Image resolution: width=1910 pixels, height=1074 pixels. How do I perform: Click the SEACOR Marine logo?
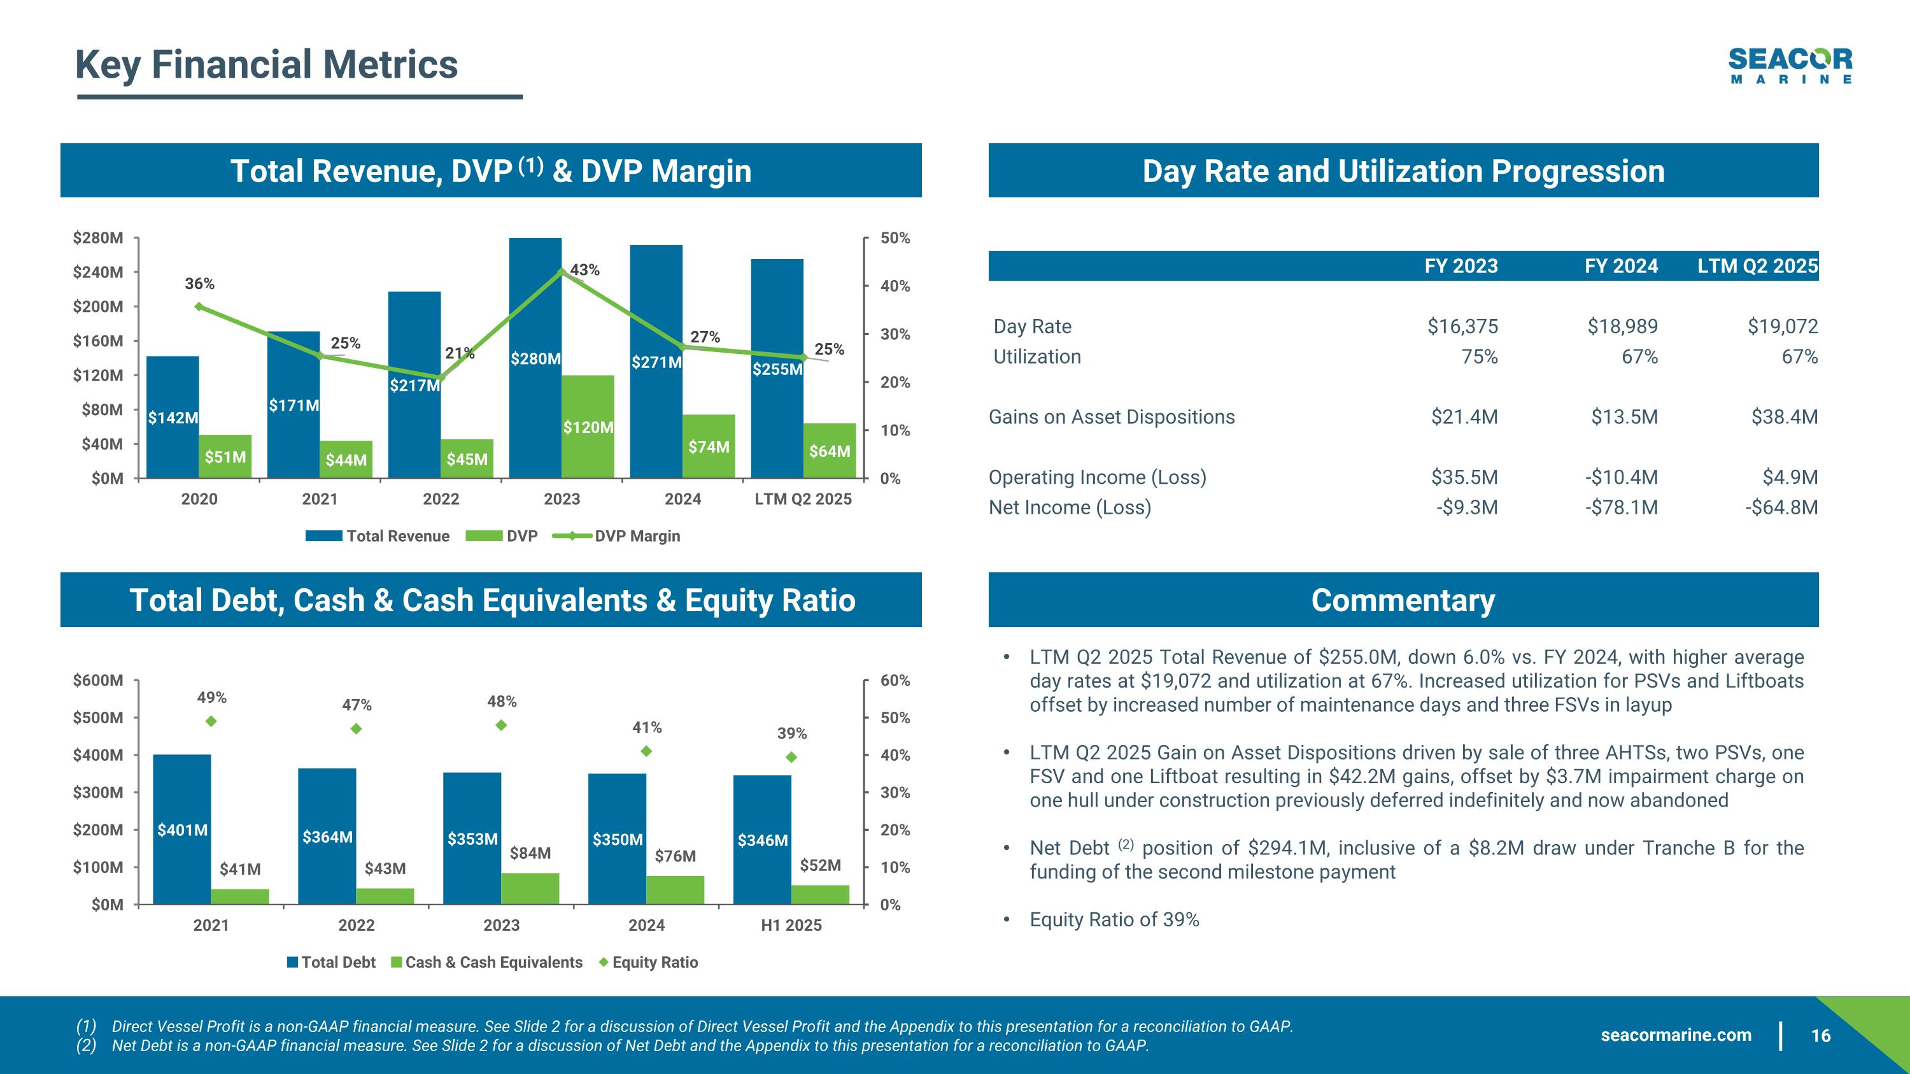[1789, 65]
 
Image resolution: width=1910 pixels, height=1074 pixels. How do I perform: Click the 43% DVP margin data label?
[584, 270]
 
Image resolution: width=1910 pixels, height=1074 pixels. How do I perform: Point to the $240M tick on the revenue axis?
[98, 272]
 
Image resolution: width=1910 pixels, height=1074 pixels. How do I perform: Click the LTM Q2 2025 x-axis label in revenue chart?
[803, 499]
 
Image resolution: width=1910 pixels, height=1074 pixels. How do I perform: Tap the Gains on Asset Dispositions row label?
[1112, 416]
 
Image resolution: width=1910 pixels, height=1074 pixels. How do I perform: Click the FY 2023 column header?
[1461, 266]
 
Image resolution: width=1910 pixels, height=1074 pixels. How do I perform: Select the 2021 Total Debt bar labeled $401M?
[181, 830]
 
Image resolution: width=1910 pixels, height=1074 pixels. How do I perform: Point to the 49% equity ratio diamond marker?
[211, 721]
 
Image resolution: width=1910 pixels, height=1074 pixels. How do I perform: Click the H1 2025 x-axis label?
[791, 925]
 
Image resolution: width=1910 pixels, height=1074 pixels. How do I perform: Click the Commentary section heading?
[1403, 600]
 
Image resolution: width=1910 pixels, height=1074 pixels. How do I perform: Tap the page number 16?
[1820, 1035]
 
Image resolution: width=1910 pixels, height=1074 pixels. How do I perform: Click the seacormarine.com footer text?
[1676, 1035]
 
